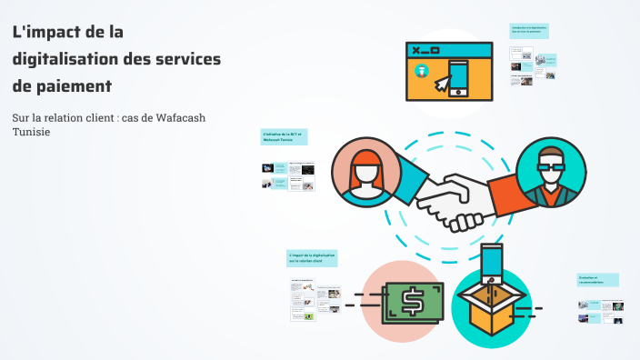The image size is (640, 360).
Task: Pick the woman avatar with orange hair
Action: (365, 174)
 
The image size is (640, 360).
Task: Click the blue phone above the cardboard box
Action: (492, 260)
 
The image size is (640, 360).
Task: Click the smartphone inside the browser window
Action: (457, 78)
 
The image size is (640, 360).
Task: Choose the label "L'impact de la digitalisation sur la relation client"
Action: (312, 258)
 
